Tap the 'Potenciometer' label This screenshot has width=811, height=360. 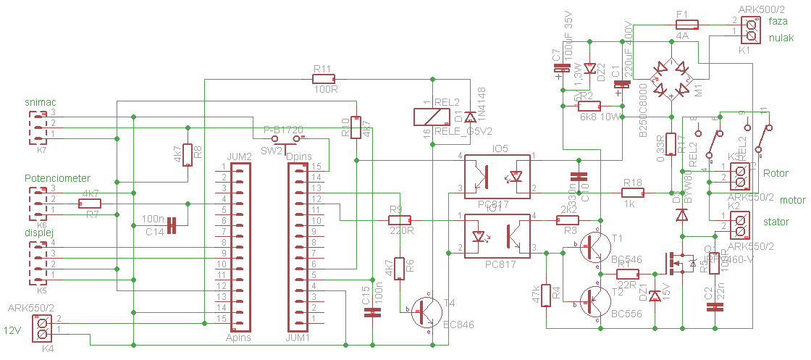click(x=57, y=178)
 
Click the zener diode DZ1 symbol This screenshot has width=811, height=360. click(x=655, y=296)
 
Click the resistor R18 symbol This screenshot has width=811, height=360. click(x=633, y=193)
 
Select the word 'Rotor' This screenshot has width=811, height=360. click(x=776, y=173)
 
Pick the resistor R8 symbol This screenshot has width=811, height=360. click(x=188, y=154)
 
